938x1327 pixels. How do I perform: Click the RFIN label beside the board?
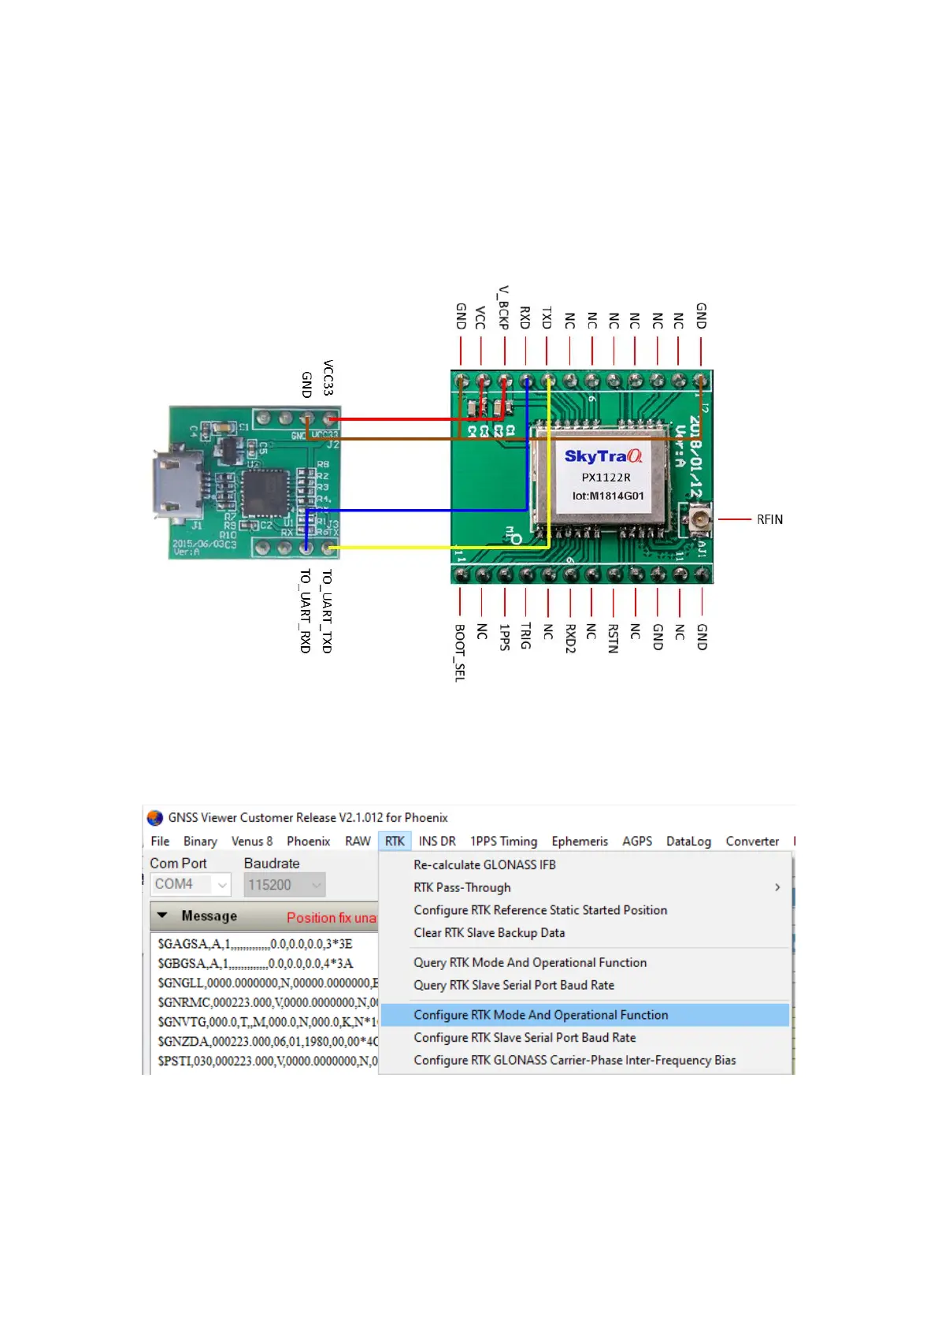[x=769, y=519]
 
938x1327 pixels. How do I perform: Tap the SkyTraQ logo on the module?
[x=602, y=456]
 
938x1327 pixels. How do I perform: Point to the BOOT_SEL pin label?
[x=460, y=652]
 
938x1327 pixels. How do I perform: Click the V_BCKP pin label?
[x=503, y=307]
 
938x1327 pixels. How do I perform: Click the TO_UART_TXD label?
[x=327, y=611]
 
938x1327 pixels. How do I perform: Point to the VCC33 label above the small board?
[x=328, y=377]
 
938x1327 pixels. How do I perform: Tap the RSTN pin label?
[x=613, y=638]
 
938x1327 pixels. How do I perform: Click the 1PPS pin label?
[x=504, y=637]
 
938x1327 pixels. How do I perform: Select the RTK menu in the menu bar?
[x=395, y=841]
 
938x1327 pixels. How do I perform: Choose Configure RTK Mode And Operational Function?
[x=541, y=1015]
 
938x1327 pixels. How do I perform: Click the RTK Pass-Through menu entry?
[x=462, y=887]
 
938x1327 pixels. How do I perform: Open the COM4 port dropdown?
[x=191, y=884]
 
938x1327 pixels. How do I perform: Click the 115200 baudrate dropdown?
[x=284, y=885]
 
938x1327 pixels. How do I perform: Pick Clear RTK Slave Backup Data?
[x=489, y=932]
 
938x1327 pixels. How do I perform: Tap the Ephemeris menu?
[x=580, y=841]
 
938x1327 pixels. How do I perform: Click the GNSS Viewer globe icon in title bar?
[x=155, y=817]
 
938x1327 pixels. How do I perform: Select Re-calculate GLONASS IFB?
[x=484, y=864]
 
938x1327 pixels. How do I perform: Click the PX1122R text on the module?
[x=606, y=478]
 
